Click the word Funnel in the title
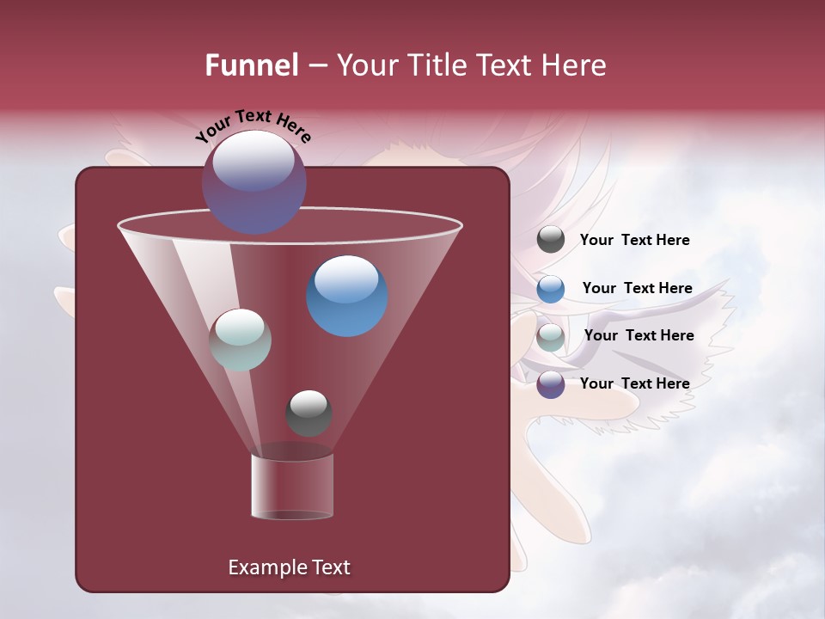pyautogui.click(x=252, y=65)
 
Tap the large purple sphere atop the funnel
pyautogui.click(x=254, y=181)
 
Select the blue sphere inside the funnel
pyautogui.click(x=347, y=296)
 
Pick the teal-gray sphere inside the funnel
pyautogui.click(x=241, y=340)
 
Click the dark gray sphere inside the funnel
pyautogui.click(x=309, y=414)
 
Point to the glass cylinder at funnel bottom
pyautogui.click(x=292, y=487)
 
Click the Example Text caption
pyautogui.click(x=289, y=567)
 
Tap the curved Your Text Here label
pyautogui.click(x=253, y=126)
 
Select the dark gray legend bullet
pyautogui.click(x=551, y=240)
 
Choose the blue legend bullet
pyautogui.click(x=551, y=289)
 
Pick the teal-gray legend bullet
pyautogui.click(x=551, y=337)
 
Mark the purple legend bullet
pyautogui.click(x=551, y=384)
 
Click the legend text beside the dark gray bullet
pyautogui.click(x=634, y=240)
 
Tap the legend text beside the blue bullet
pyautogui.click(x=637, y=288)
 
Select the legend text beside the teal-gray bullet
pyautogui.click(x=639, y=335)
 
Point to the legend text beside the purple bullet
pyautogui.click(x=634, y=383)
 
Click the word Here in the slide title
pyautogui.click(x=573, y=65)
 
